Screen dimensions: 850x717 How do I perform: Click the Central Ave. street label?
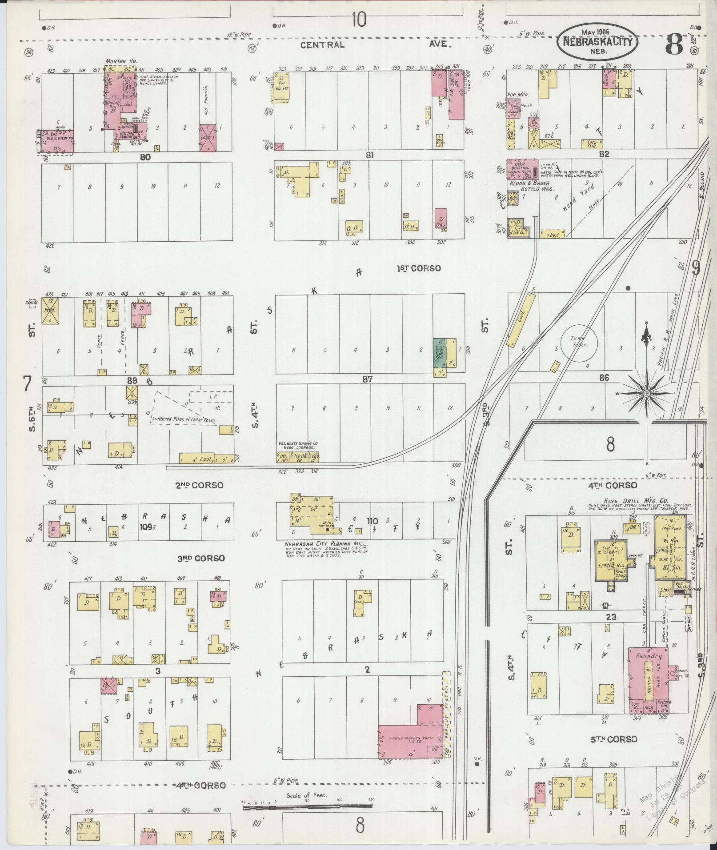376,45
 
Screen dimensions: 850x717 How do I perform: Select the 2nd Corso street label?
200,485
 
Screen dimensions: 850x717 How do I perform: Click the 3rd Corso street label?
201,559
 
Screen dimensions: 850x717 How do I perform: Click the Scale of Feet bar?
308,806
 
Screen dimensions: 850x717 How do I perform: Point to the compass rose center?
647,394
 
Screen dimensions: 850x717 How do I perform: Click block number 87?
367,379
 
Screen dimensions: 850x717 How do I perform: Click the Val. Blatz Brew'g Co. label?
298,444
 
